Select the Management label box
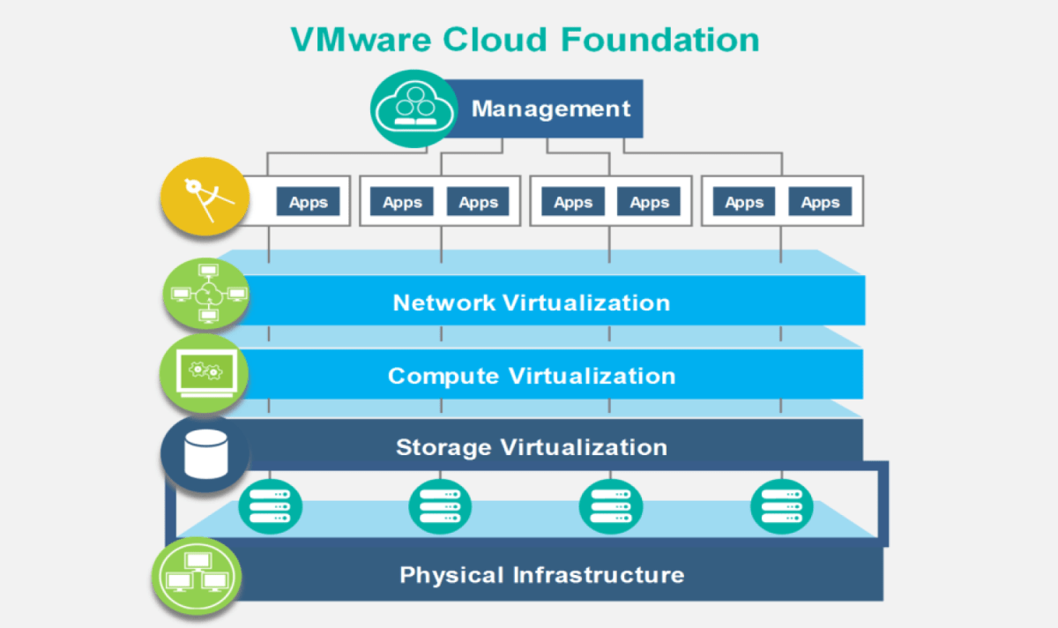pos(551,108)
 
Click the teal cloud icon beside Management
pos(407,108)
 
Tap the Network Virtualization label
pos(531,303)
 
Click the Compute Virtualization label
pos(531,376)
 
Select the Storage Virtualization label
pos(531,446)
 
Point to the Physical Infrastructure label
pos(541,575)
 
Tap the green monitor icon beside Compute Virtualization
pos(205,374)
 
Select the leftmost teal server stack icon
pos(270,506)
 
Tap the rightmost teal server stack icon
pos(780,506)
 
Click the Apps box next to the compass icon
pos(308,202)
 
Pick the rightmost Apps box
pos(819,202)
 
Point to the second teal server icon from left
pos(440,506)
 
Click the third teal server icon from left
pos(610,506)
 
